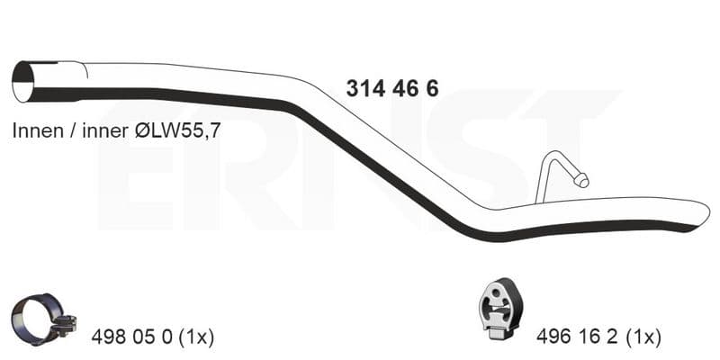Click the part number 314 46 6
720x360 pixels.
click(x=392, y=88)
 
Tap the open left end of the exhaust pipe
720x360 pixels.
click(x=23, y=82)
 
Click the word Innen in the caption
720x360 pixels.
click(x=38, y=130)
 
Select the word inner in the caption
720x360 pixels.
click(x=104, y=131)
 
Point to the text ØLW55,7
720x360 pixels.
click(x=177, y=131)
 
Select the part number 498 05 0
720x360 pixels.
click(x=131, y=337)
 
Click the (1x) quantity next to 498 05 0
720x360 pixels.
click(x=196, y=337)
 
